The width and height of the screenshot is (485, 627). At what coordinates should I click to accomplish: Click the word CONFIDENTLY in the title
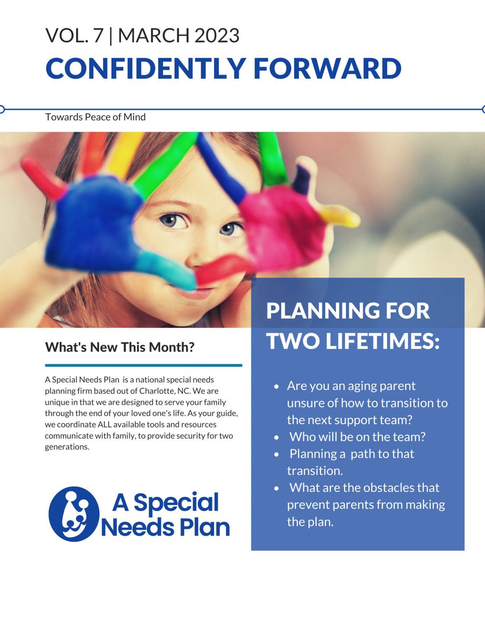tap(145, 68)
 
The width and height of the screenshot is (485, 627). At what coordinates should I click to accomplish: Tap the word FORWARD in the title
tap(327, 68)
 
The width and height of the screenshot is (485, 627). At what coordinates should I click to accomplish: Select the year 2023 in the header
tap(217, 36)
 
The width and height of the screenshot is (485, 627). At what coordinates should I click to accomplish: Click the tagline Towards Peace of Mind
tap(95, 117)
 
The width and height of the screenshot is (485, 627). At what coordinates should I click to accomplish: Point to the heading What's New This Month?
tap(119, 347)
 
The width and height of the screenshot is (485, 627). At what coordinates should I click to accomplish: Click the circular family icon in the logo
tap(74, 514)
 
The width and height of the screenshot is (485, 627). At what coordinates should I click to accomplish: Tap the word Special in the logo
tap(176, 502)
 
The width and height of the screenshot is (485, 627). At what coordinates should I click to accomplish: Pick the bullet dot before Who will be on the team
tap(277, 437)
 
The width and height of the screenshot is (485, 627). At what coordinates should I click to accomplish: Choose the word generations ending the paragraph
tap(67, 447)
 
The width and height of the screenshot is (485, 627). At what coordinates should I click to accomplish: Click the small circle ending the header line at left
tap(2, 109)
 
